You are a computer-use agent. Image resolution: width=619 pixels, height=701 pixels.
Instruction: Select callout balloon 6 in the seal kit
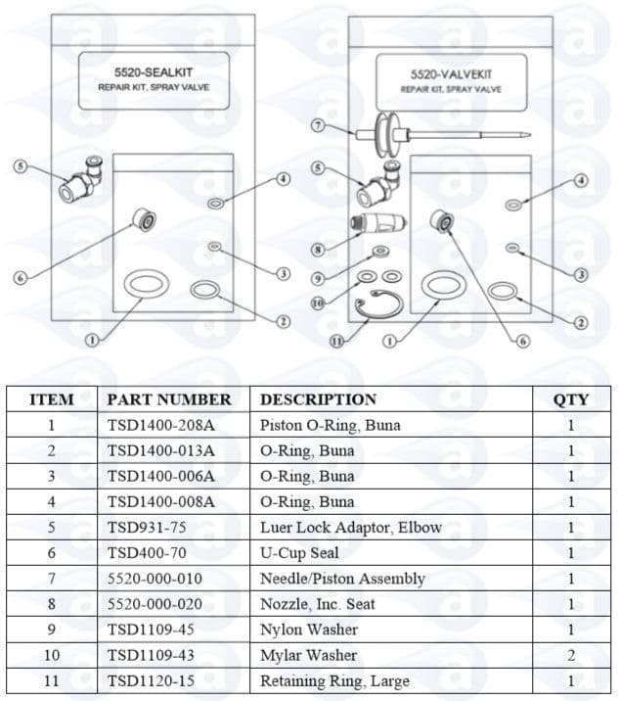[19, 277]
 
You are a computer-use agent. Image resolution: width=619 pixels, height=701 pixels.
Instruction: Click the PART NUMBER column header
[169, 399]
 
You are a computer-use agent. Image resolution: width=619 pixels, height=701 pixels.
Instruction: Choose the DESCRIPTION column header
[318, 399]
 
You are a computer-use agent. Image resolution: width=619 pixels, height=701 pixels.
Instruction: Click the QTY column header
[571, 399]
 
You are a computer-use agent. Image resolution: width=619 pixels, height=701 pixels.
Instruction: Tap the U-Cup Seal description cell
[299, 553]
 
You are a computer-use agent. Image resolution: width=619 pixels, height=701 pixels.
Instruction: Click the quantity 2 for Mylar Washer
[571, 655]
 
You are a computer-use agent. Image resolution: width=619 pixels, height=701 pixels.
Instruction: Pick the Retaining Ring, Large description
[334, 680]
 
